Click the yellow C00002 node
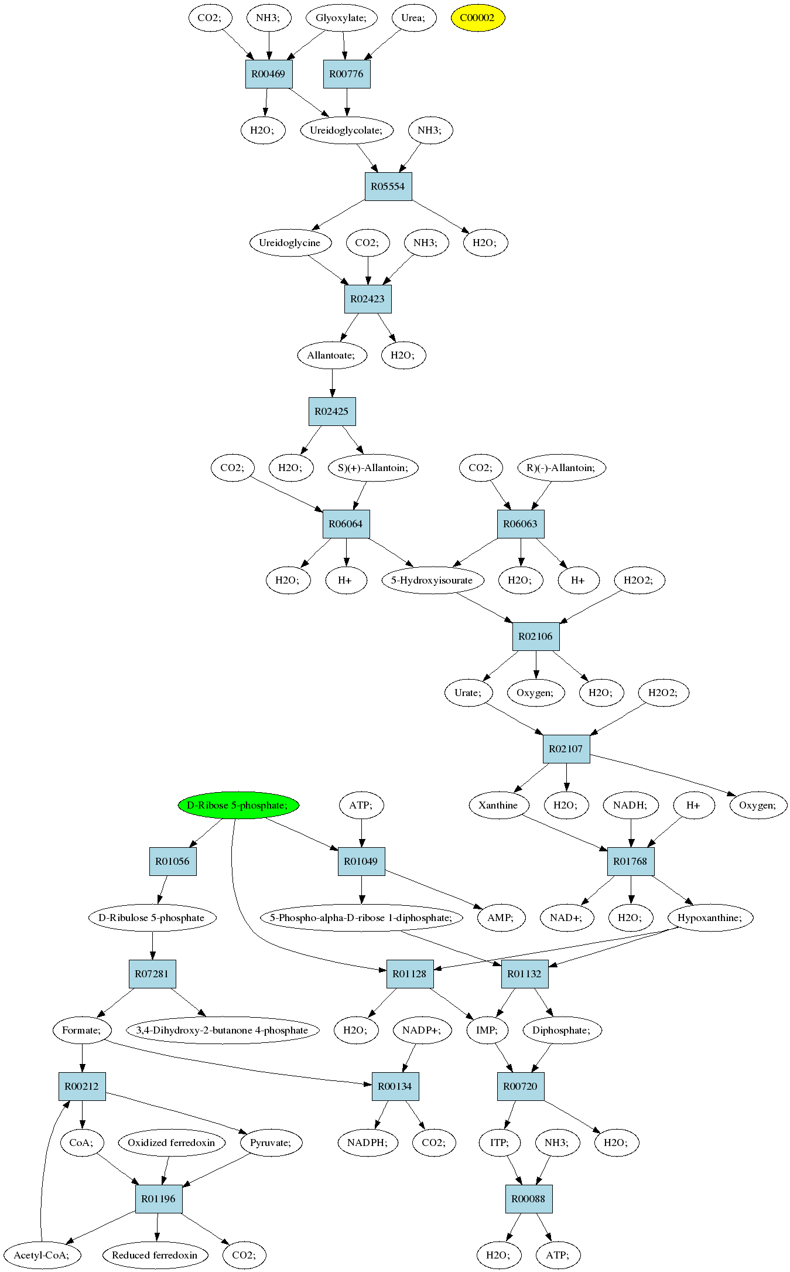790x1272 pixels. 477,18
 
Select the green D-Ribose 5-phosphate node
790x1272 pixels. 238,805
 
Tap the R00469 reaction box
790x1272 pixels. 268,74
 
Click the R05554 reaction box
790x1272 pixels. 388,186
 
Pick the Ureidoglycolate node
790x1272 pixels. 346,130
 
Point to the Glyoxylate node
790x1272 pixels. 341,18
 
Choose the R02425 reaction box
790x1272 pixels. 331,411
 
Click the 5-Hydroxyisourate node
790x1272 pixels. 432,580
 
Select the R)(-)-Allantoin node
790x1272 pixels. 561,468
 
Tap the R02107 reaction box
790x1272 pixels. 566,749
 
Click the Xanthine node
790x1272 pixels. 498,805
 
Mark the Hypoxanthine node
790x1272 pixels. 710,918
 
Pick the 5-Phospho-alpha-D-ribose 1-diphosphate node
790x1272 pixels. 361,918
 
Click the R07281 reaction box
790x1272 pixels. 152,974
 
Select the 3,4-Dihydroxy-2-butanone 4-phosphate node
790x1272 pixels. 222,1030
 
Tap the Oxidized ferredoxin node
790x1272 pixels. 171,1143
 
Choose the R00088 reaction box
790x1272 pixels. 528,1199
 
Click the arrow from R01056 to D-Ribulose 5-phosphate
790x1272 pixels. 162,890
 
